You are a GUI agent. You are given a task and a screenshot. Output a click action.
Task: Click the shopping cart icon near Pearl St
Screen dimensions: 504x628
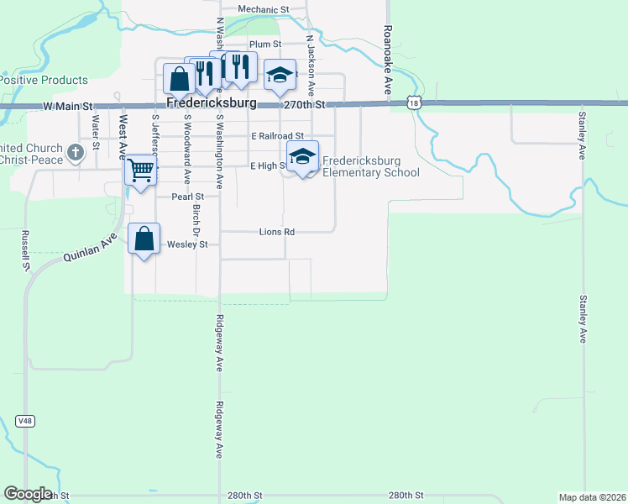click(x=141, y=171)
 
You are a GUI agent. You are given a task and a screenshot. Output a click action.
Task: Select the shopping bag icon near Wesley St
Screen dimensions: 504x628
click(x=144, y=239)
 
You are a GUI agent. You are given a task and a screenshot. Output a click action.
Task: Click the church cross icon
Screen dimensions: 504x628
click(x=76, y=152)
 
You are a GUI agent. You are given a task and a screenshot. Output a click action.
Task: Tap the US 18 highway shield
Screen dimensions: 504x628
click(x=413, y=102)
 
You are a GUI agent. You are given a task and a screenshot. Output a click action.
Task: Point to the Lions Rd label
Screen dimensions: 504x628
click(x=277, y=231)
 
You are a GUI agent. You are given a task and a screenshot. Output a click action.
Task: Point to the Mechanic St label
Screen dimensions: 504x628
click(x=263, y=9)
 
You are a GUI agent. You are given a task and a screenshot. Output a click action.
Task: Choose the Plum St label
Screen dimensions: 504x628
click(x=264, y=44)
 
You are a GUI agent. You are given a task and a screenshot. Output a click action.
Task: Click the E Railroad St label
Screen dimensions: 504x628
click(x=276, y=135)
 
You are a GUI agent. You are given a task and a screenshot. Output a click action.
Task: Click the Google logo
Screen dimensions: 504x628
click(x=28, y=494)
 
